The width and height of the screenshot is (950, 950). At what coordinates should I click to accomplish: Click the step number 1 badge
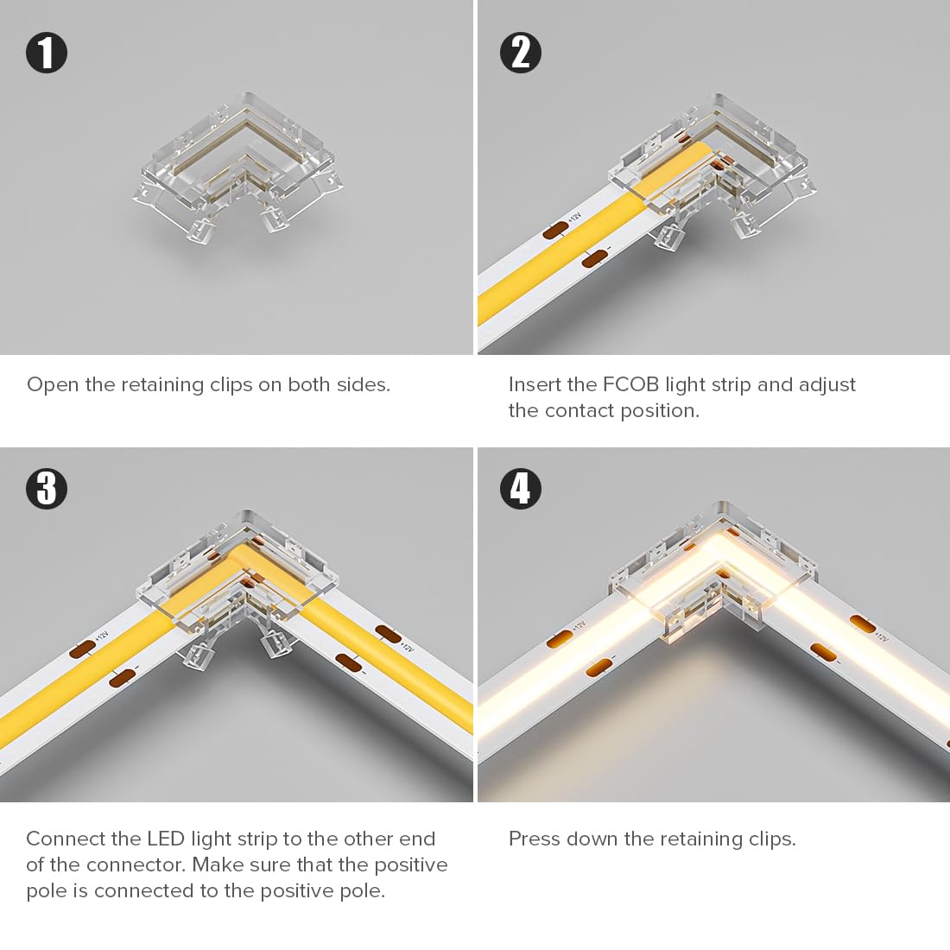(x=47, y=53)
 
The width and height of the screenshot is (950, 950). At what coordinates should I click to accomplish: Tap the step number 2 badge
(x=521, y=53)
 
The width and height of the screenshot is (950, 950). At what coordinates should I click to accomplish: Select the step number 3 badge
(x=47, y=489)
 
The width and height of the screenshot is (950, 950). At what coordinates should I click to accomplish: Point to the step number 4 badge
(x=521, y=489)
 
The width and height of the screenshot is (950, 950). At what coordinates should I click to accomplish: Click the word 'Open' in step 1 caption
(x=53, y=385)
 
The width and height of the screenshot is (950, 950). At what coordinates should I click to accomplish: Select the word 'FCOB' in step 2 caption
(x=630, y=384)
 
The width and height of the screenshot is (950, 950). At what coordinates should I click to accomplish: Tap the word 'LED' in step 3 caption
(x=166, y=839)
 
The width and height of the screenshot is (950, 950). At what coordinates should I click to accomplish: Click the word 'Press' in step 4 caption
(x=535, y=839)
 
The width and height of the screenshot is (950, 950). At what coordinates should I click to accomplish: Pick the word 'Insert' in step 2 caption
(x=535, y=384)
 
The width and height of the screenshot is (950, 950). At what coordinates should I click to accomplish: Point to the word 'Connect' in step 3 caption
(x=66, y=839)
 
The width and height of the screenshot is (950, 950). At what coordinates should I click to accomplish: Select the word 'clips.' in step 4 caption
(x=772, y=839)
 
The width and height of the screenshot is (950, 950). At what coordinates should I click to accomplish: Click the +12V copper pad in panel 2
(x=555, y=230)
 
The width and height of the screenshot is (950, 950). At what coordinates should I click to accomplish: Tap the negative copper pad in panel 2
(x=594, y=257)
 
